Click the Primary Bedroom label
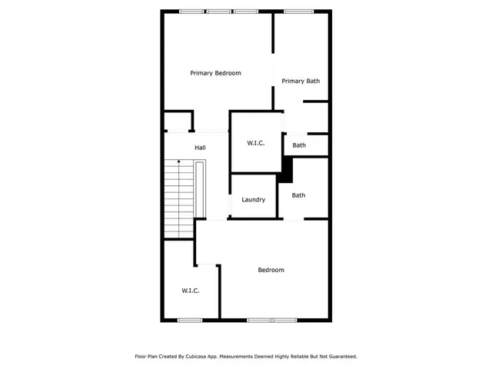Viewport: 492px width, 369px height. [x=215, y=73]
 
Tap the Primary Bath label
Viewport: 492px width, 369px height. [x=301, y=81]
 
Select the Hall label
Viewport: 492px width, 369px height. [x=200, y=148]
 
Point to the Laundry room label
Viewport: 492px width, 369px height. [x=254, y=200]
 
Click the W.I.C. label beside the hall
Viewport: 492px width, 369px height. [x=256, y=144]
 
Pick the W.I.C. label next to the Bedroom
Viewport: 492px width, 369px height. [x=191, y=291]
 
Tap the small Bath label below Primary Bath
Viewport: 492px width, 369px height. [x=299, y=145]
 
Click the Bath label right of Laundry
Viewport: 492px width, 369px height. [x=298, y=195]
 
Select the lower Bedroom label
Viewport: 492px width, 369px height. [x=271, y=270]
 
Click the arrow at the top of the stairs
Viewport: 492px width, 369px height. [x=180, y=162]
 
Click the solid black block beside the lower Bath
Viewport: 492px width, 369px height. [x=286, y=169]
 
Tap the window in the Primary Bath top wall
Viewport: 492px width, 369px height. [x=294, y=12]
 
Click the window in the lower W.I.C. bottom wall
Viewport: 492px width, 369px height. [x=189, y=320]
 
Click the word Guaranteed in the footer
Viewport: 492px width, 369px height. [x=340, y=357]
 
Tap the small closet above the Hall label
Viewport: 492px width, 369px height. [x=178, y=121]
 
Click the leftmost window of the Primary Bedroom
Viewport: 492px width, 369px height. [x=191, y=12]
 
